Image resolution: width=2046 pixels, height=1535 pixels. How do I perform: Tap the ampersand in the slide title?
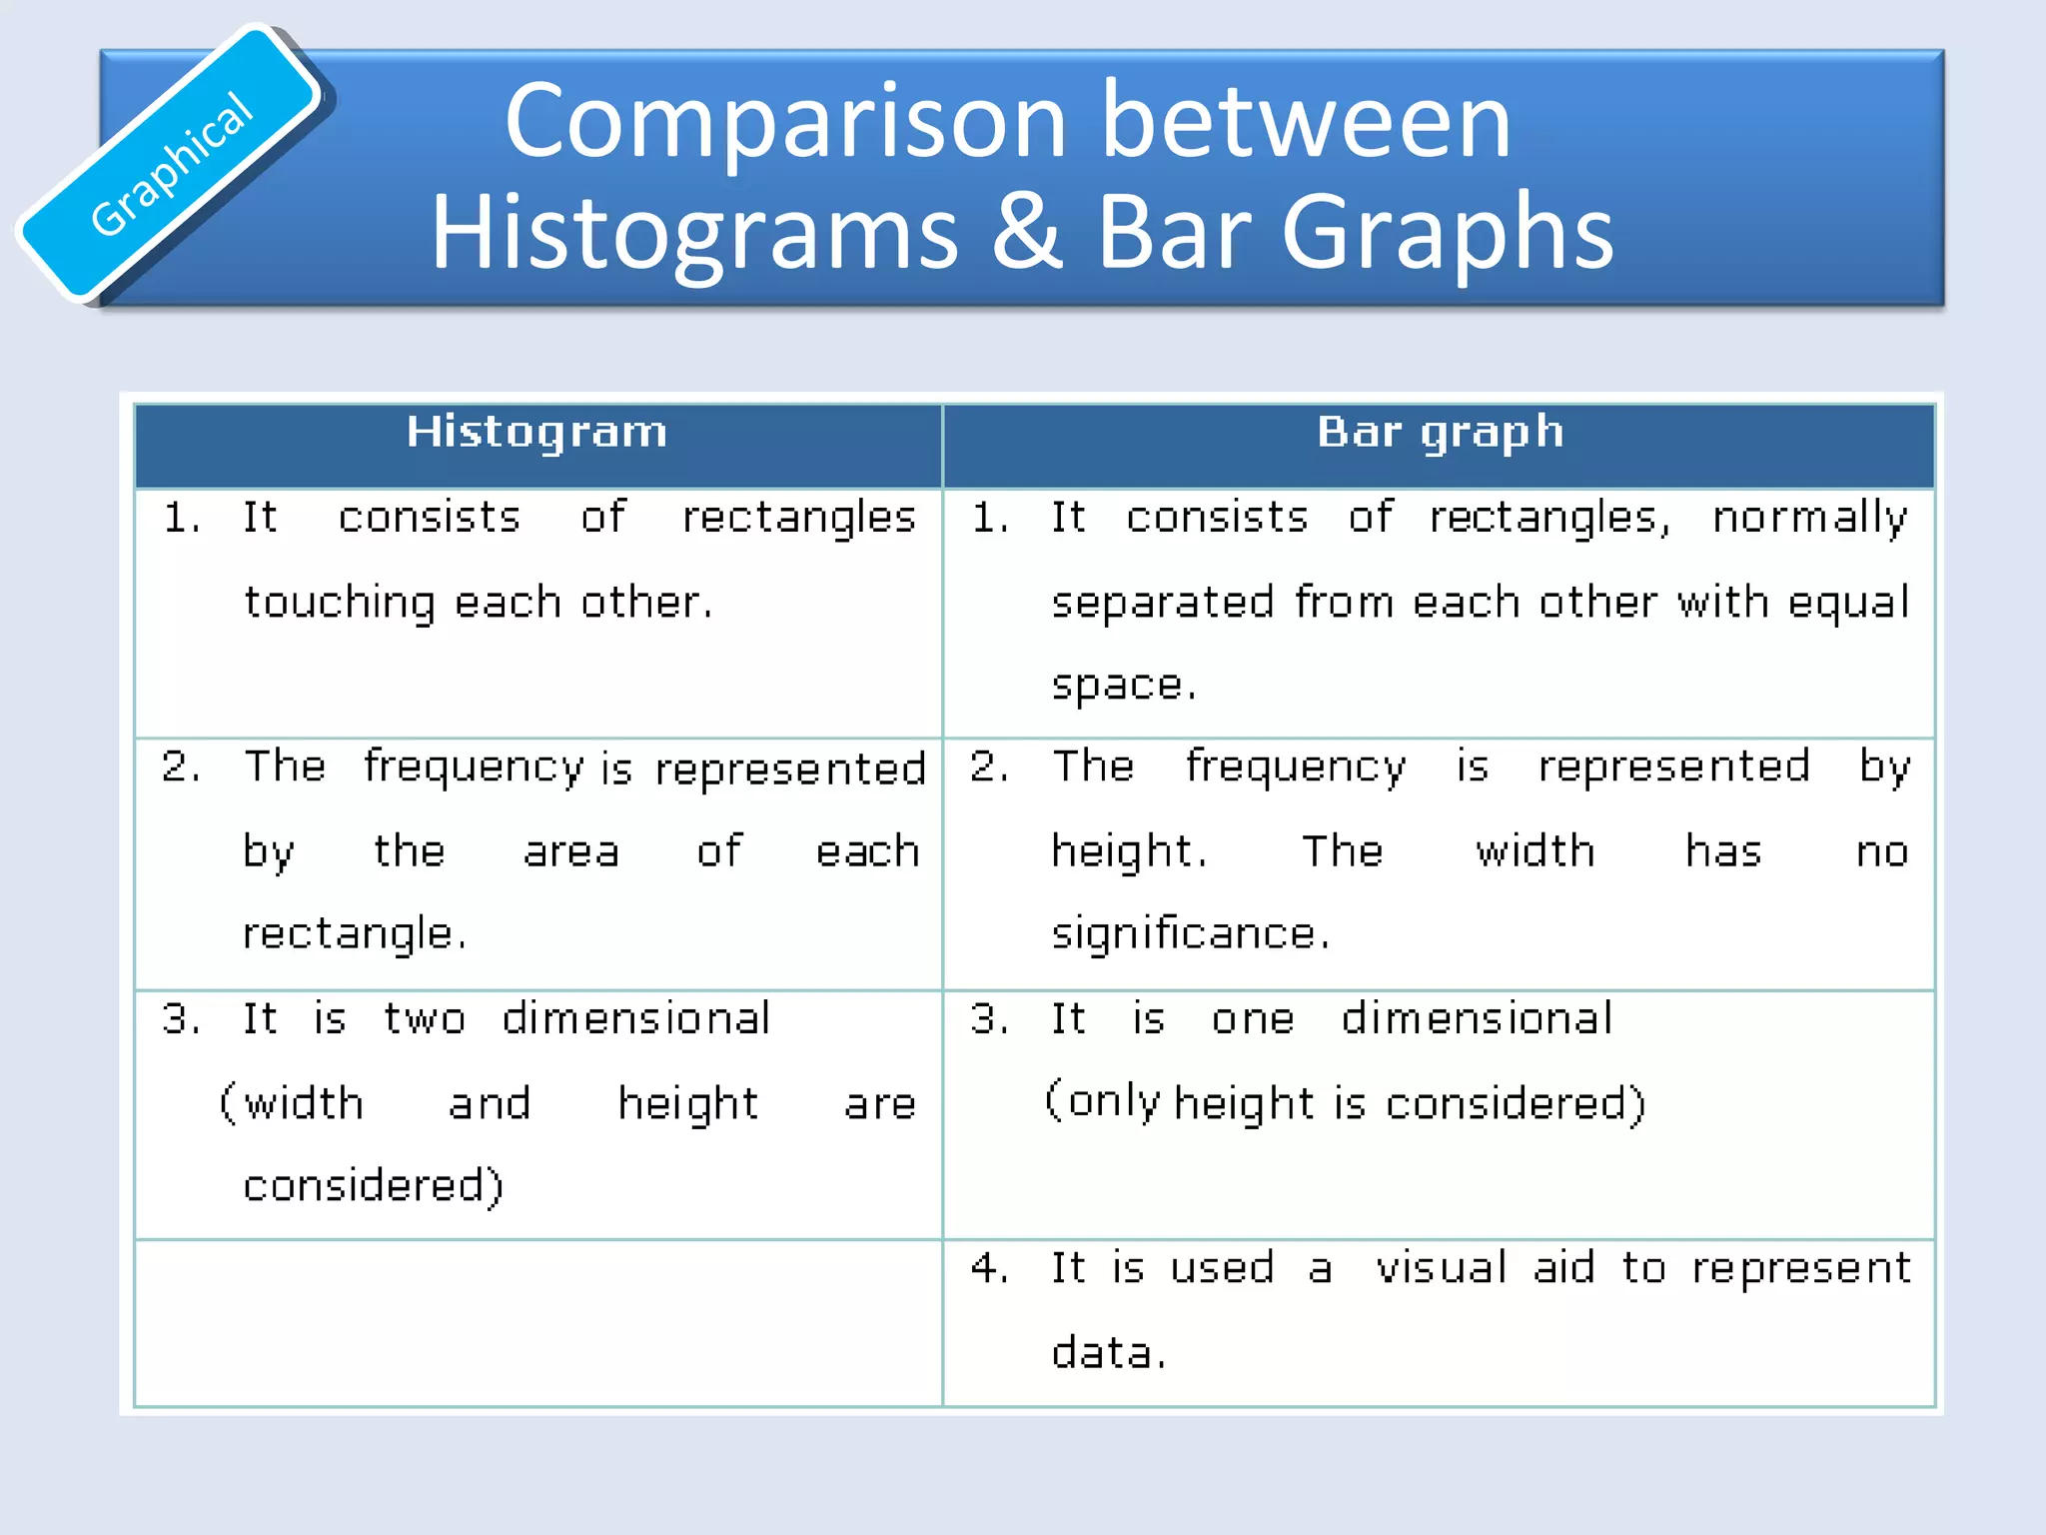(x=1028, y=232)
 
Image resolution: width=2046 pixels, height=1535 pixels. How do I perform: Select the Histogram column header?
(x=536, y=433)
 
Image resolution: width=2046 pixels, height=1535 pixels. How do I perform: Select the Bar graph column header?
(x=1440, y=433)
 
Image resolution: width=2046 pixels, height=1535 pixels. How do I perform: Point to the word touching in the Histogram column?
(x=340, y=603)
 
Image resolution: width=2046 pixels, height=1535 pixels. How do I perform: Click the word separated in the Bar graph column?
(x=1163, y=603)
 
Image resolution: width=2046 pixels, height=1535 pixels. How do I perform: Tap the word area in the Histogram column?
(x=571, y=851)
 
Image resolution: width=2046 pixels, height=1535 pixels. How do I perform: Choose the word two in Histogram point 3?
(x=425, y=1019)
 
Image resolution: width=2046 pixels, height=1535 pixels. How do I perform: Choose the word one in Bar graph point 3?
(x=1253, y=1019)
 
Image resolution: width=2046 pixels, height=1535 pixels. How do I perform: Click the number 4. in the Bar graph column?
(x=989, y=1268)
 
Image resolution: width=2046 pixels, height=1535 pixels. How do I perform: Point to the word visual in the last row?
(x=1441, y=1268)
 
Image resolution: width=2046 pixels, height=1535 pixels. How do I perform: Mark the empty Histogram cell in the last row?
(x=537, y=1323)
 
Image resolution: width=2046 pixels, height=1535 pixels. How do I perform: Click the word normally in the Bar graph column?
(x=1809, y=518)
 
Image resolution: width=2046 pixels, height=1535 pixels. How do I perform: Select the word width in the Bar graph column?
(x=1534, y=851)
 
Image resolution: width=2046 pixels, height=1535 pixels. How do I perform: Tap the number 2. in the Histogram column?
(x=181, y=767)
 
